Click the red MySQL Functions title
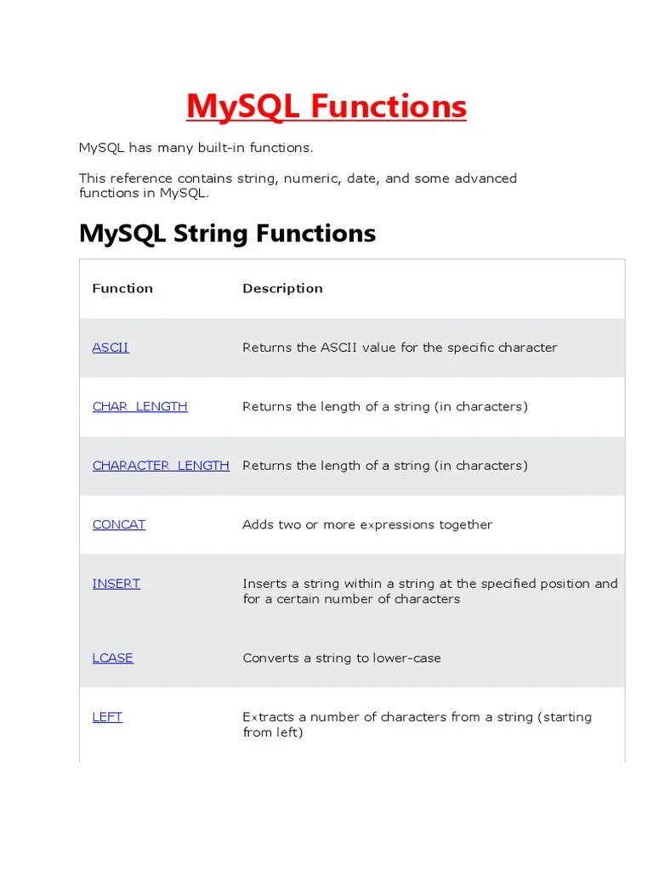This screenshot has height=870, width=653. pyautogui.click(x=326, y=107)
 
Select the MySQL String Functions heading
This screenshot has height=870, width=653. pyautogui.click(x=227, y=233)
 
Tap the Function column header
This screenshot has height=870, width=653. pyautogui.click(x=122, y=288)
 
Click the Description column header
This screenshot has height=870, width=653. pyautogui.click(x=282, y=288)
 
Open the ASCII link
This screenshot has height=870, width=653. pyautogui.click(x=111, y=347)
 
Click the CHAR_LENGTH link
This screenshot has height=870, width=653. pyautogui.click(x=139, y=406)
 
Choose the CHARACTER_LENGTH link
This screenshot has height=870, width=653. pyautogui.click(x=161, y=466)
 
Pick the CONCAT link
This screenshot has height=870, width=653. pyautogui.click(x=119, y=524)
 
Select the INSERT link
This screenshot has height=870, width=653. pyautogui.click(x=116, y=584)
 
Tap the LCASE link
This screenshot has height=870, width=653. pyautogui.click(x=113, y=658)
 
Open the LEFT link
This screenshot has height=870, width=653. pyautogui.click(x=107, y=717)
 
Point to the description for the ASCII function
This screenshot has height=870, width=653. pyautogui.click(x=400, y=347)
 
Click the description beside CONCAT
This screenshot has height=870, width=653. pyautogui.click(x=367, y=524)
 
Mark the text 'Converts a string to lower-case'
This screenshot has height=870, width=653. pyautogui.click(x=342, y=658)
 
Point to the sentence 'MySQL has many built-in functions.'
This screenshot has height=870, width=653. pyautogui.click(x=196, y=148)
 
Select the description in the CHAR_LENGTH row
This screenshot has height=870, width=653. pyautogui.click(x=385, y=406)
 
